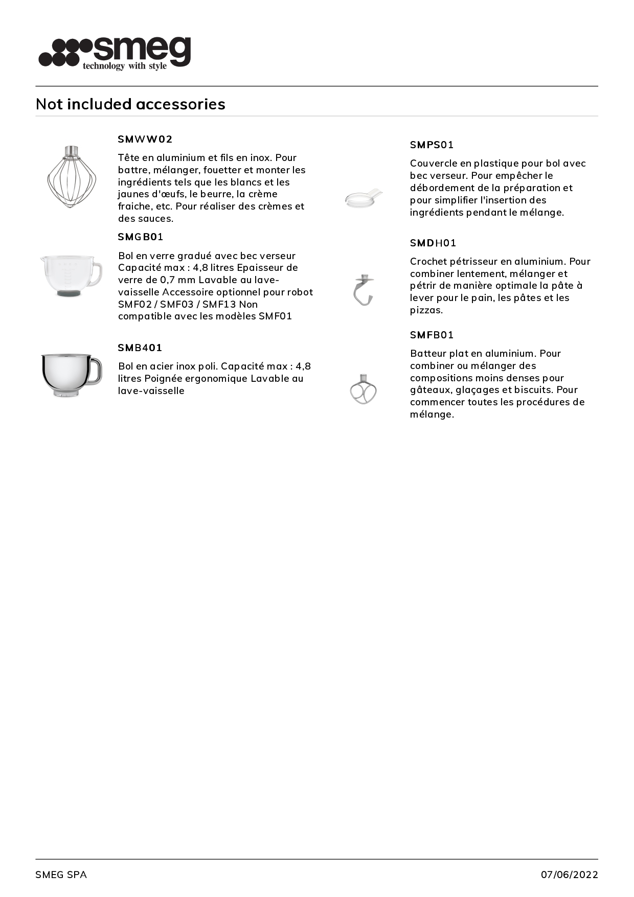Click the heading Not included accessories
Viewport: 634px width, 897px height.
coord(130,104)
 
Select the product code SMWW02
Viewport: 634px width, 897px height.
coord(145,139)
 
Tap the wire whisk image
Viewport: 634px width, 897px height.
coord(72,176)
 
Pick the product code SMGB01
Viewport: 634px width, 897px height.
coord(141,237)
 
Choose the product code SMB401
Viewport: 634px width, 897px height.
coord(140,348)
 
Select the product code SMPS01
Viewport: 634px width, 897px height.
coord(432,145)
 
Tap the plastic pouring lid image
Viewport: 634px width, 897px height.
coord(364,198)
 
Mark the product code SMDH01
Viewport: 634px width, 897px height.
coord(433,243)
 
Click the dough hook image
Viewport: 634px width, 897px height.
coord(364,290)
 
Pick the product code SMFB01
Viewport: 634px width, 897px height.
coord(432,335)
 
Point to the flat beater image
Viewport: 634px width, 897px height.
coord(364,389)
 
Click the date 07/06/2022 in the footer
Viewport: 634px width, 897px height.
coord(569,875)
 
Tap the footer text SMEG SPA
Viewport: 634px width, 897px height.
coord(61,875)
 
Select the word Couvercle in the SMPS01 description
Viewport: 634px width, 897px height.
coord(434,164)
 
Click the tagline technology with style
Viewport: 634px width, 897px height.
coord(125,66)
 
